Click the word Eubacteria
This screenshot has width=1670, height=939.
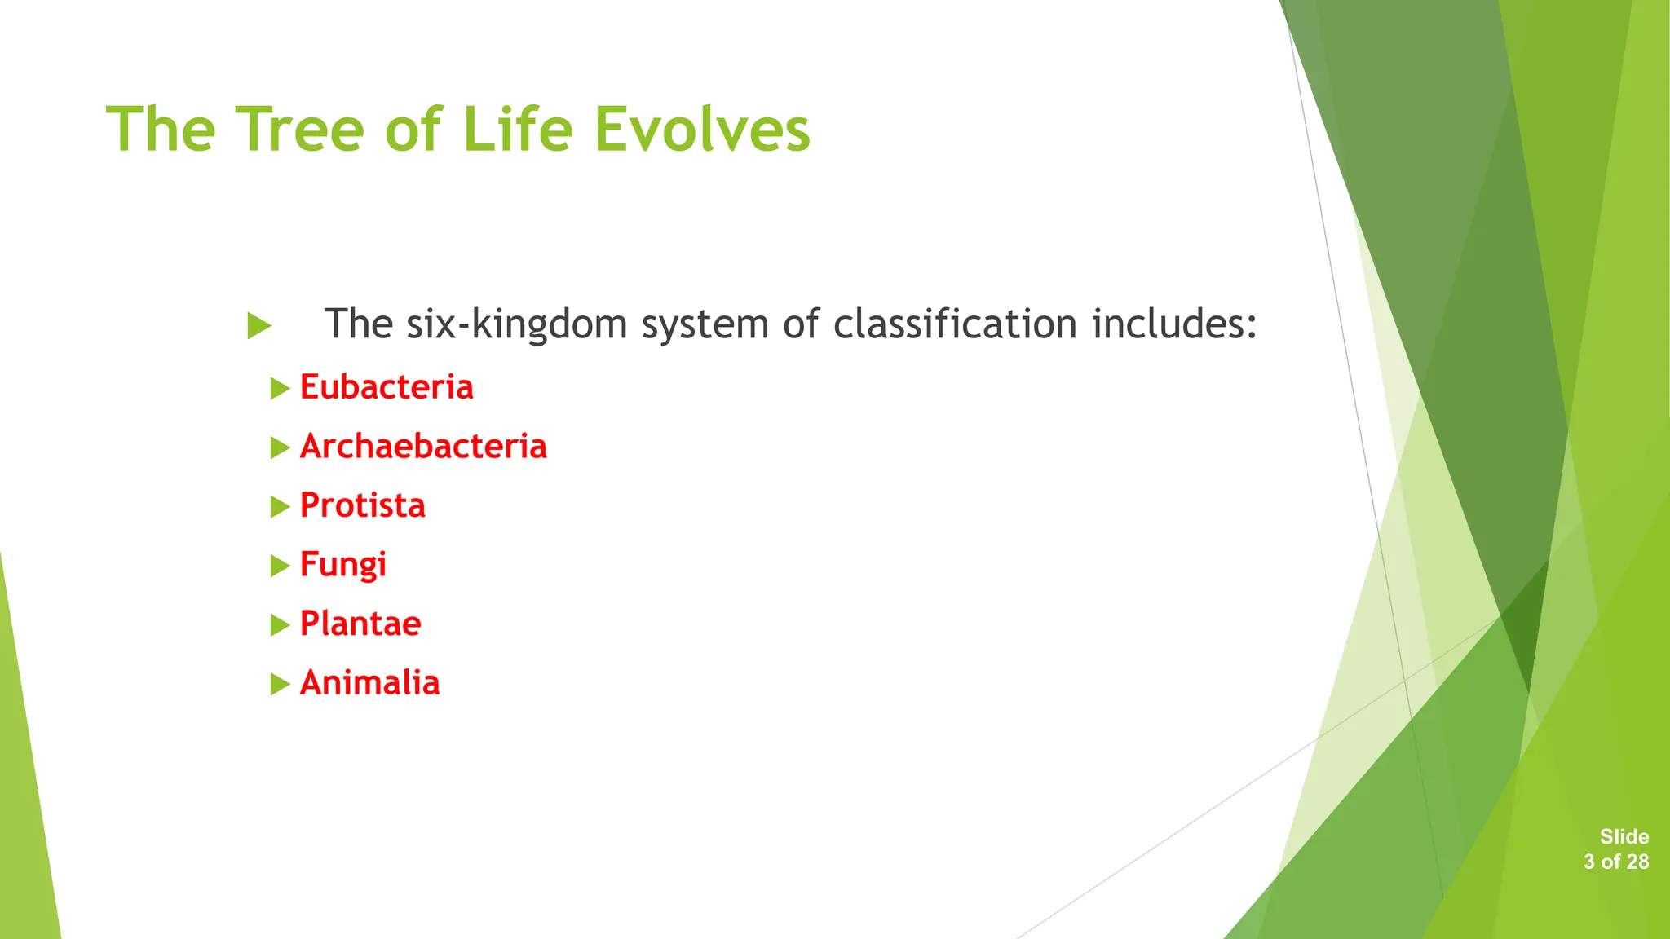387,387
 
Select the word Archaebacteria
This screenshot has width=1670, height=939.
423,447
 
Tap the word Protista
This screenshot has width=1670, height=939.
363,505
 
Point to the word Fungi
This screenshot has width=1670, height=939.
343,565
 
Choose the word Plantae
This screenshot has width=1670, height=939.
360,624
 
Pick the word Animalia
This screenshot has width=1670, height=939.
370,683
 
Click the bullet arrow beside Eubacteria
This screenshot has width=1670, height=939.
280,389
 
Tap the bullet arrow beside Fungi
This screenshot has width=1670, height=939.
280,566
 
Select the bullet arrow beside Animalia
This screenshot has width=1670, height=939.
280,685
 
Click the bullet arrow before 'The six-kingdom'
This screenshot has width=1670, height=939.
258,326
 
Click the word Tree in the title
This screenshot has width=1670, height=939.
299,130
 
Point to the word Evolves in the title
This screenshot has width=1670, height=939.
702,130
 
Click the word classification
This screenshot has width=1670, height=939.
955,324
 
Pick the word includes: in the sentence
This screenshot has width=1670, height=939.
1174,324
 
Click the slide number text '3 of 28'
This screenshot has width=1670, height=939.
1615,862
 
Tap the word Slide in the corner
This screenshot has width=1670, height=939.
1624,836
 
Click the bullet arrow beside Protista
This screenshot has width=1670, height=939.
280,507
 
